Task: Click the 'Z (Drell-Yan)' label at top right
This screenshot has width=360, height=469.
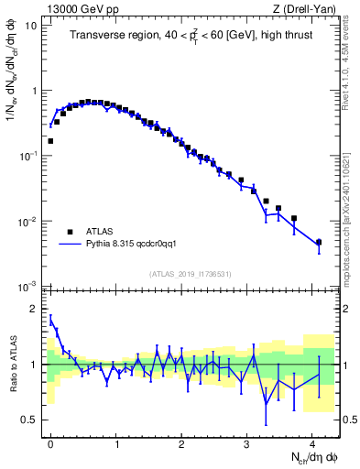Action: [307, 8]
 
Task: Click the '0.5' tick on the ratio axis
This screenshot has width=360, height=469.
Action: [30, 420]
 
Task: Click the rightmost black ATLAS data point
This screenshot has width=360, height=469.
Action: [319, 243]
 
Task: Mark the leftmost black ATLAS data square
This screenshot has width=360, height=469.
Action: [50, 141]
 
